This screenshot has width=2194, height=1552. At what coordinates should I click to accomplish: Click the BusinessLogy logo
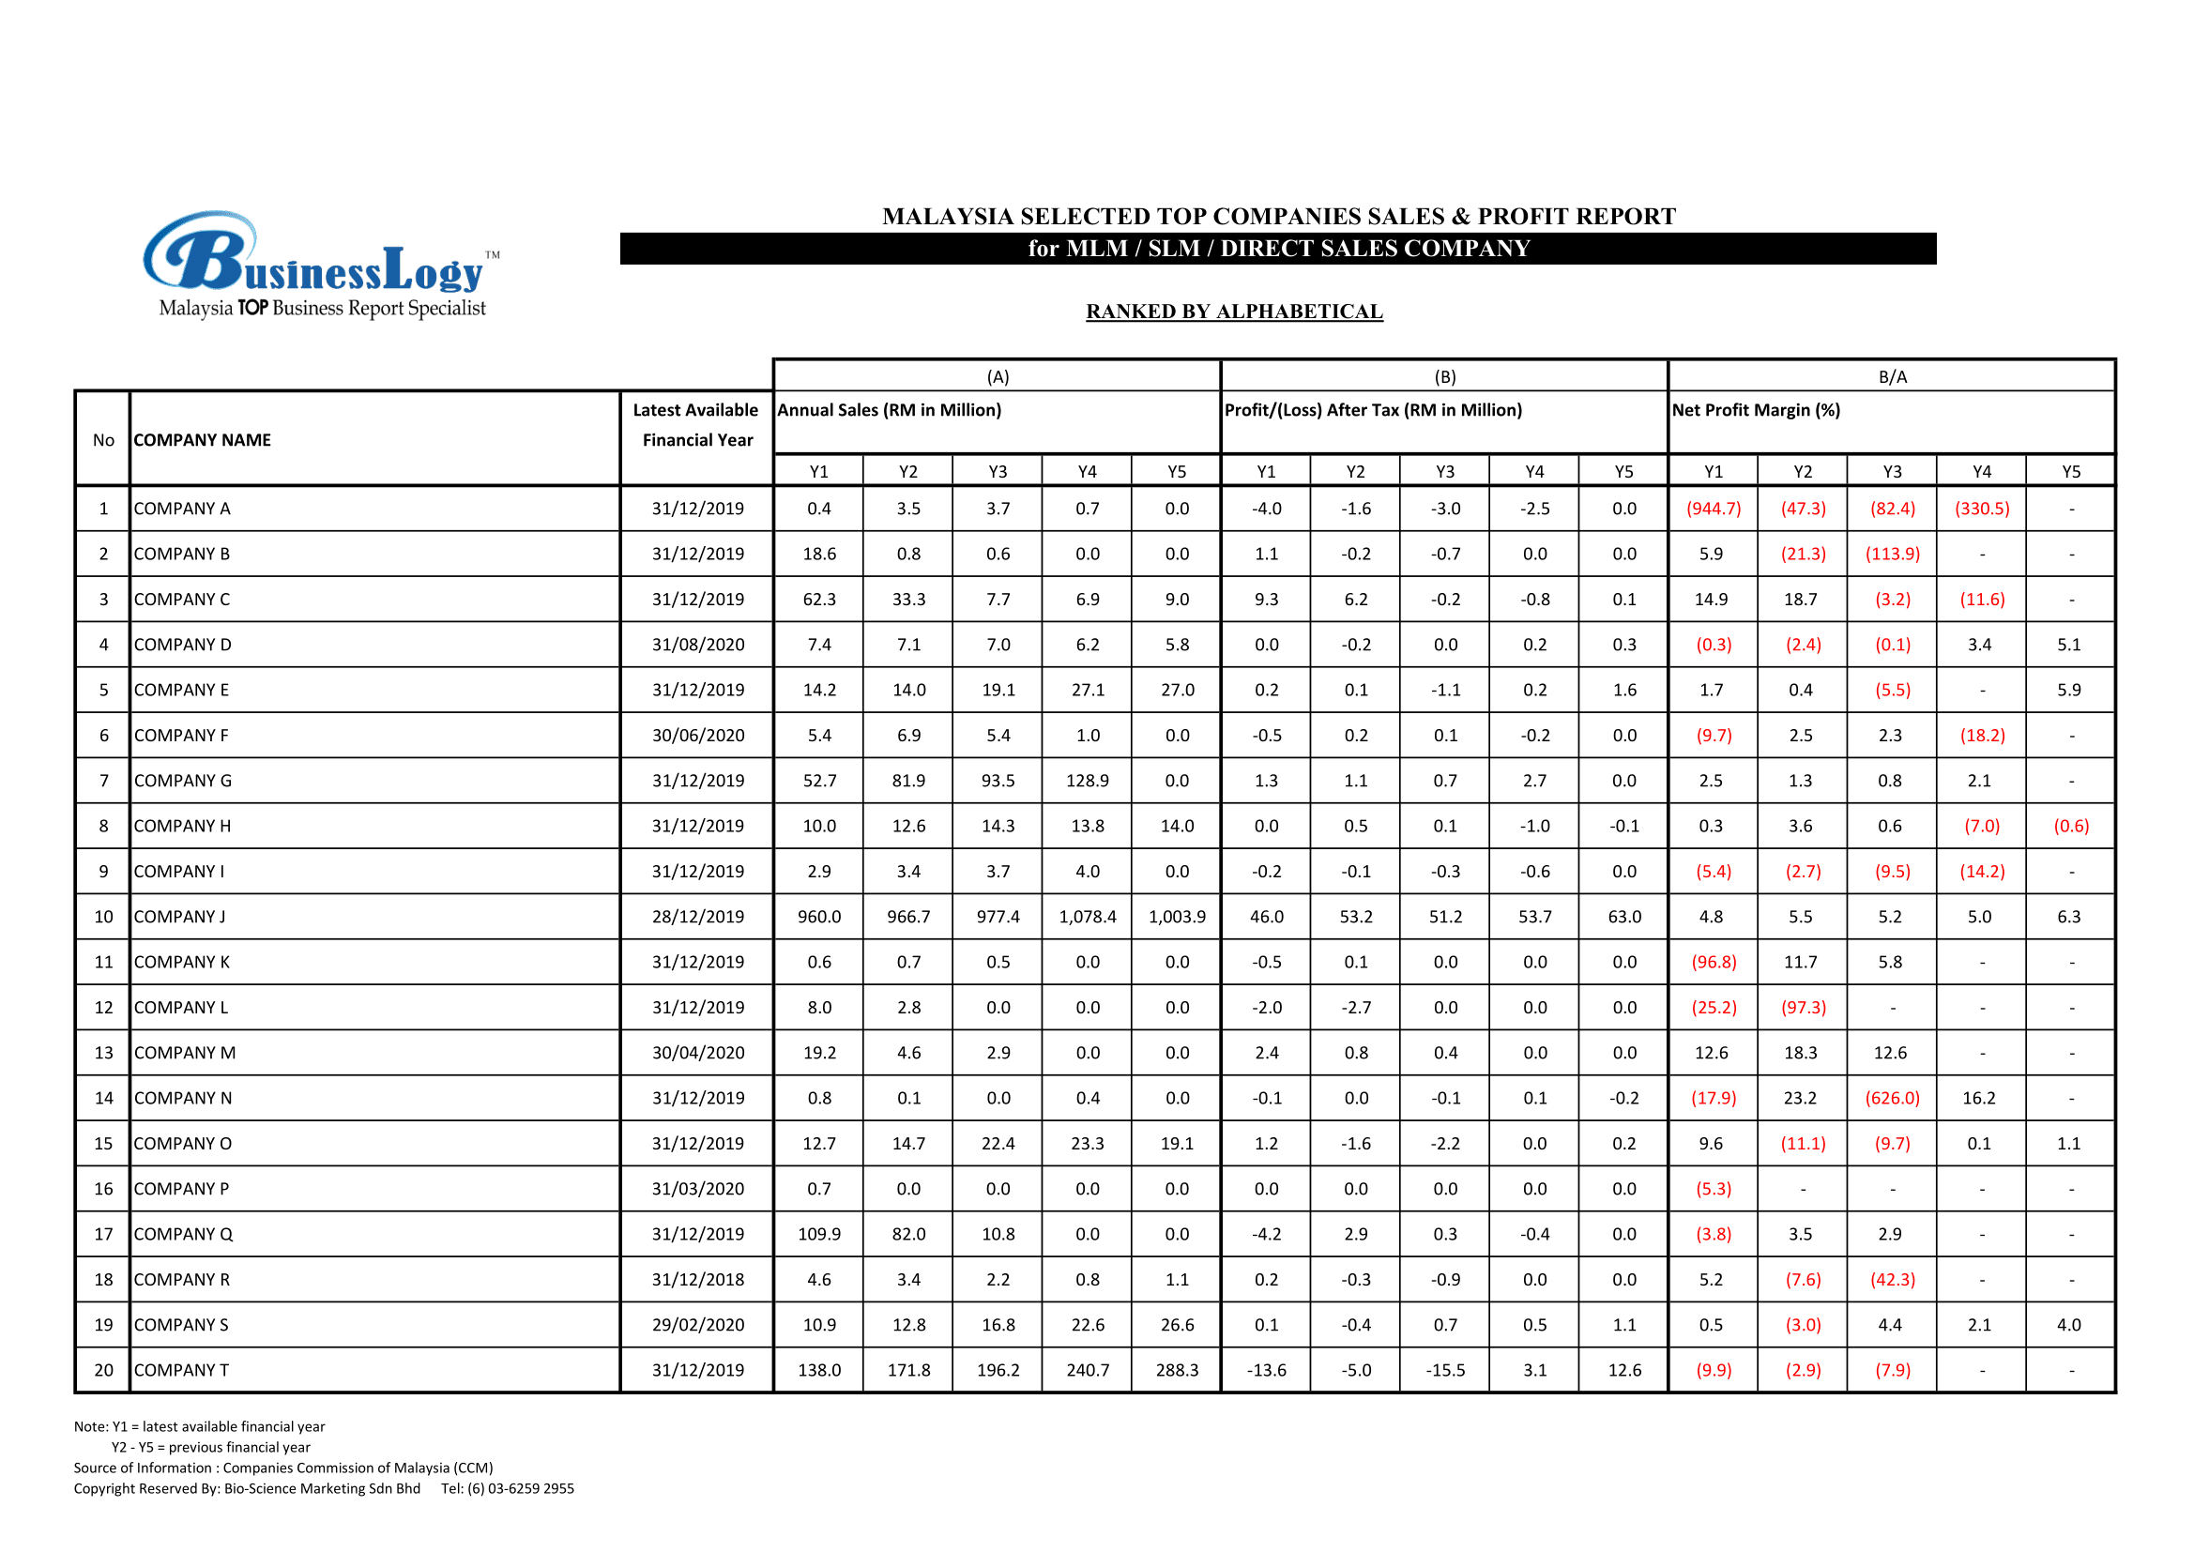[321, 265]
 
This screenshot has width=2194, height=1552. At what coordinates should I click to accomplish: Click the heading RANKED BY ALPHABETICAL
[1234, 312]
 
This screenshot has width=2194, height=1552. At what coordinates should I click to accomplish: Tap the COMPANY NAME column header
[203, 439]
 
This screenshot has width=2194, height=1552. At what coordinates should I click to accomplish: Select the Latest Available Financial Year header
[696, 424]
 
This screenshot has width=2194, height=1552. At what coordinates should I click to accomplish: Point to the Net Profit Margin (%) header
[1756, 410]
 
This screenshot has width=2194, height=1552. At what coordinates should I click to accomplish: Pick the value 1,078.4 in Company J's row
[1088, 917]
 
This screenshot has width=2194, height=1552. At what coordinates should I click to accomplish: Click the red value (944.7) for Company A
[1714, 509]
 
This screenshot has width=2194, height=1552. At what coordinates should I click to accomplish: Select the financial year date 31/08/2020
[697, 644]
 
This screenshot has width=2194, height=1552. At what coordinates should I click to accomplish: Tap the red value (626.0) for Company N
[1892, 1098]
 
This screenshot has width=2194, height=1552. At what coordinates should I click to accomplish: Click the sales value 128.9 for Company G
[1088, 781]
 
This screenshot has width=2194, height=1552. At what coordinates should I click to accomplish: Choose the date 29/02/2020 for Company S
[697, 1325]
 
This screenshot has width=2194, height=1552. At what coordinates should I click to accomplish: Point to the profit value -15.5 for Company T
[1445, 1369]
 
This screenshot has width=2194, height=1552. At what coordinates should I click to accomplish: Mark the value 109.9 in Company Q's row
[819, 1234]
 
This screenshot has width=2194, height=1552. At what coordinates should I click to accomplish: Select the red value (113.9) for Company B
[1892, 555]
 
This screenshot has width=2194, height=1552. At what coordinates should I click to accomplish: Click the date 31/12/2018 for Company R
[697, 1280]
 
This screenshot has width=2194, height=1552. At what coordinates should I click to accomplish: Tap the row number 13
[103, 1053]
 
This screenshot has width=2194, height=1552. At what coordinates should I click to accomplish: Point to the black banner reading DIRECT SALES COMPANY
[1277, 249]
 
